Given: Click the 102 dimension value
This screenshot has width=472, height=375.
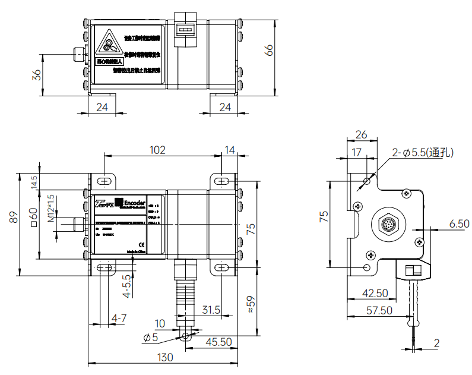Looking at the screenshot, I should [157, 150].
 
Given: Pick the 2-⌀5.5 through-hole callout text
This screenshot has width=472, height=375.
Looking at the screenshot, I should [423, 153].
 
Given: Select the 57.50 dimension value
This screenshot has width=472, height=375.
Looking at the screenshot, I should [378, 310].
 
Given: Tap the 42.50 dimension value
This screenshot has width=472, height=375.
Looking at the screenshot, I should [375, 294].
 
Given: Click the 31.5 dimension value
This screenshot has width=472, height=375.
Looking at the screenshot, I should [211, 310].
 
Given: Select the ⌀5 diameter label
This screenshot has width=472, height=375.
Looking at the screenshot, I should [151, 338].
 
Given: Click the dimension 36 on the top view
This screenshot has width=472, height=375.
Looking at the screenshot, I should [37, 75].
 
